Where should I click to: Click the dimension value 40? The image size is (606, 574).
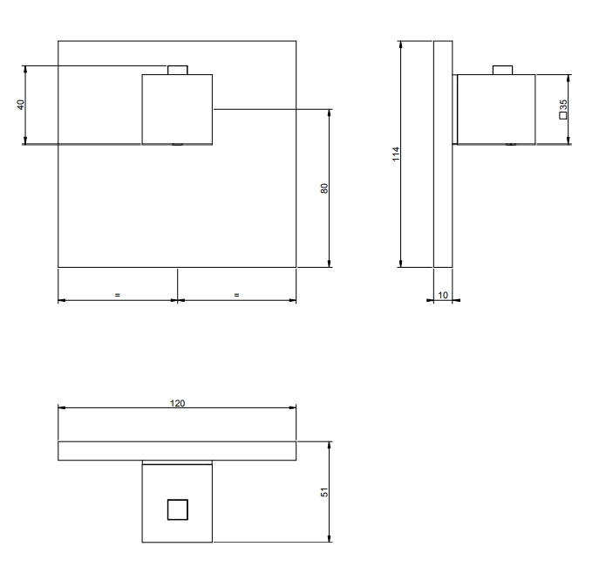point(21,105)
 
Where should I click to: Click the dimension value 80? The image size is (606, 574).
point(324,188)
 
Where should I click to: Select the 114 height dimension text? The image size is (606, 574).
point(396,154)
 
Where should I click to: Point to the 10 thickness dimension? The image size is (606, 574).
point(443,296)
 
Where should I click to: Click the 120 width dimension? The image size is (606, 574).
point(177,403)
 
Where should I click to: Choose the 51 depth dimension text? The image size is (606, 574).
point(324,492)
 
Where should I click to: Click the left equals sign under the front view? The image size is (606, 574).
point(118,295)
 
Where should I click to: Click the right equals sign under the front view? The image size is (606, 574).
point(236,295)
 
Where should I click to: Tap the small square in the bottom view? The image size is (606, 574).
point(178,509)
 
